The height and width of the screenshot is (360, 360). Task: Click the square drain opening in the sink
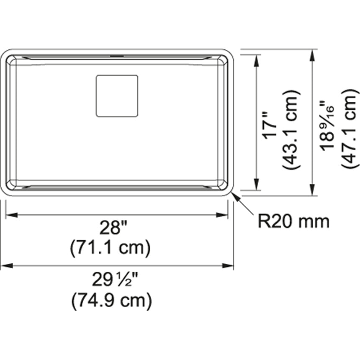[x=117, y=96]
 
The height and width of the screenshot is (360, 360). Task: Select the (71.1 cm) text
[x=110, y=248]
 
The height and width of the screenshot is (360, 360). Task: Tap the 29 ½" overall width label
[x=115, y=279]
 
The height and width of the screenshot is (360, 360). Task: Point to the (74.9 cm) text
[x=112, y=301]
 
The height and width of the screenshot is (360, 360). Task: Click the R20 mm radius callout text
[x=293, y=221]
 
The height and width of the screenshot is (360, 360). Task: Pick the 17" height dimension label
[x=270, y=129]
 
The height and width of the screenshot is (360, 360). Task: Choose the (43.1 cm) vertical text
[x=291, y=129]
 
